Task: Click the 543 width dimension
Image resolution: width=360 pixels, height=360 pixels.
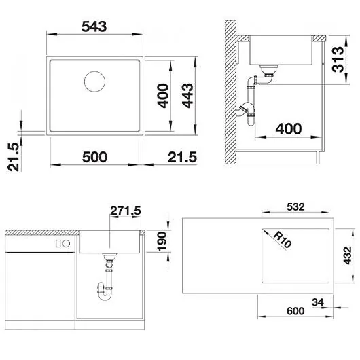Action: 94,26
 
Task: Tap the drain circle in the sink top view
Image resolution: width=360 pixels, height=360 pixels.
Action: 94,82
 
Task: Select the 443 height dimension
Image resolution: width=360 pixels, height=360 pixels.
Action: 187,96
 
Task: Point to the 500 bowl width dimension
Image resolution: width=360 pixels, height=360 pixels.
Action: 94,157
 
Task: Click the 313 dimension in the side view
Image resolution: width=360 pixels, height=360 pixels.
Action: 338,59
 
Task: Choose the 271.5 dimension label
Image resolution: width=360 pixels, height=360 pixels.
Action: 126,211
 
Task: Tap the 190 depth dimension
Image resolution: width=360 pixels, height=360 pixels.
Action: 162,242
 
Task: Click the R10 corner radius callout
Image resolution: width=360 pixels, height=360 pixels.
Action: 282,240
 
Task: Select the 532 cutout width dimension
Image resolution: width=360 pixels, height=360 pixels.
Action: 295,207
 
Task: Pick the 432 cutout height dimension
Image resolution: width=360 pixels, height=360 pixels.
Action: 347,255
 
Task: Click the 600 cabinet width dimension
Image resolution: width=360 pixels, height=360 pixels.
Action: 295,311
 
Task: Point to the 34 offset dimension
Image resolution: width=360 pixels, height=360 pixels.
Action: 318,302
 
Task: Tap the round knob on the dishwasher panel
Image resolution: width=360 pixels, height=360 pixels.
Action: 67,244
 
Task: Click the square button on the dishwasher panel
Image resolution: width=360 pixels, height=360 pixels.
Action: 58,244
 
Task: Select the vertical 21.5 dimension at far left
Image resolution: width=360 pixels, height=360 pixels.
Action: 13,157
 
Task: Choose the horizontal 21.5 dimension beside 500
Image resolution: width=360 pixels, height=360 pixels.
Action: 182,158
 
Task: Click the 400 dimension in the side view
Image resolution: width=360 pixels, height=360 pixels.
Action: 289,129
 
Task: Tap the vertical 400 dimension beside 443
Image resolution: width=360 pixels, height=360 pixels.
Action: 163,96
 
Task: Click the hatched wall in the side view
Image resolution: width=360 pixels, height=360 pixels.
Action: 230,92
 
